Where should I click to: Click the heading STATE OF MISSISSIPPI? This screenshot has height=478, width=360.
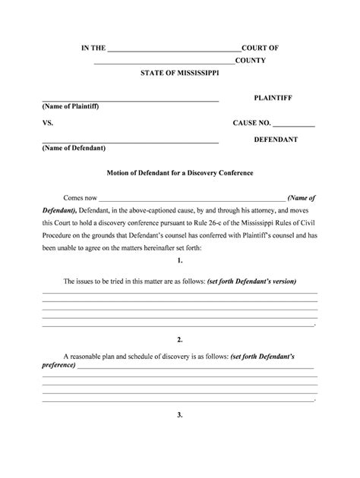179,73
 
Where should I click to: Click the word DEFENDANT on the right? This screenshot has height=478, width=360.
275,140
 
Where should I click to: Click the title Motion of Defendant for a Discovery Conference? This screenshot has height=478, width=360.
179,173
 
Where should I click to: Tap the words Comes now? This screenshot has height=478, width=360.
80,197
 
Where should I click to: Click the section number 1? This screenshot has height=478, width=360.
179,260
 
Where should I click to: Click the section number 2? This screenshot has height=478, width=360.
179,339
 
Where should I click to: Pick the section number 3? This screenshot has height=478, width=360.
179,415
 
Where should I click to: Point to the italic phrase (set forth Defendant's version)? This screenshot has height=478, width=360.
251,281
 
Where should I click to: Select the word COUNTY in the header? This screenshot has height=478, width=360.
250,60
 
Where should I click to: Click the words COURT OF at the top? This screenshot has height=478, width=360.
260,48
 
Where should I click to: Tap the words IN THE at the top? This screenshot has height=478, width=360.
94,48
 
